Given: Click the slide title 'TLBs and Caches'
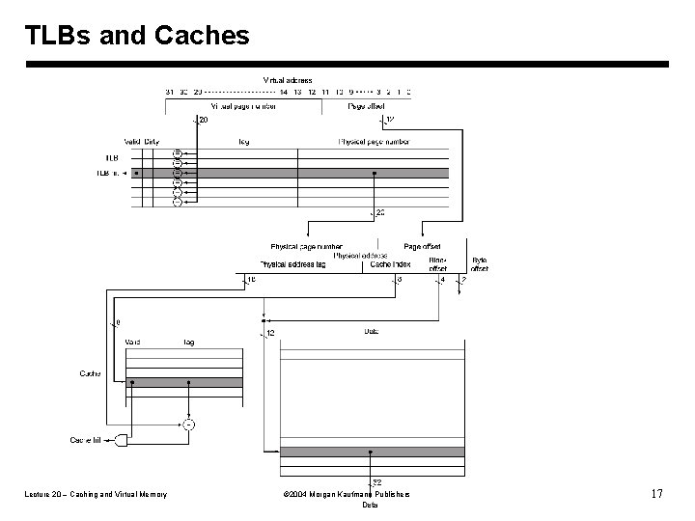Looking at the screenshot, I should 137,36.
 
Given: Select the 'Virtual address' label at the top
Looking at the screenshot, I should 288,79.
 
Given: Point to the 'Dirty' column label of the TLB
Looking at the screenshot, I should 153,142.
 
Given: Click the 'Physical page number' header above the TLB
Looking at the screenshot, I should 374,142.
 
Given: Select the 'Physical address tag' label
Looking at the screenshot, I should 292,263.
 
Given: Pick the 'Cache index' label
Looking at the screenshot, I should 392,263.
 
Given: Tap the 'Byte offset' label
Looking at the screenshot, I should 480,263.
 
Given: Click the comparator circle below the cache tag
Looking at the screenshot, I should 188,424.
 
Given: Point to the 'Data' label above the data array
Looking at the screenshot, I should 371,332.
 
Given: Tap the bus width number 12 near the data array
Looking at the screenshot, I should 270,333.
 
